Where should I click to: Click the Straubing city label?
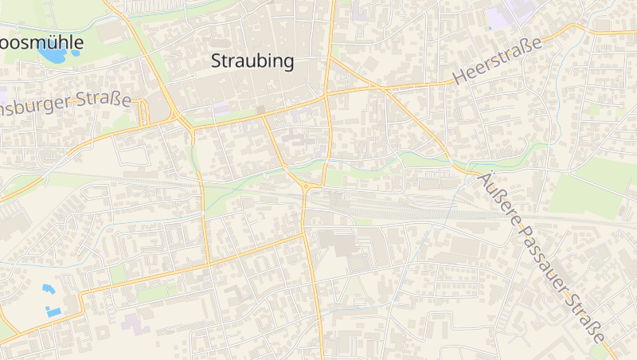[253, 61]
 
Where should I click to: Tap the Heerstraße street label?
[498, 61]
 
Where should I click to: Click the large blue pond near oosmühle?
[52, 53]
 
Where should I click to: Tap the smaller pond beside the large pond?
[76, 53]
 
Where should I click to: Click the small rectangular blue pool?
[54, 311]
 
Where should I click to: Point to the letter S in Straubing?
[216, 61]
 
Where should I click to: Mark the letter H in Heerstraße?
[459, 77]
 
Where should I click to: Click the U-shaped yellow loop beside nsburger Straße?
[143, 113]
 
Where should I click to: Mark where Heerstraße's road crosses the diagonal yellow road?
[385, 89]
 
